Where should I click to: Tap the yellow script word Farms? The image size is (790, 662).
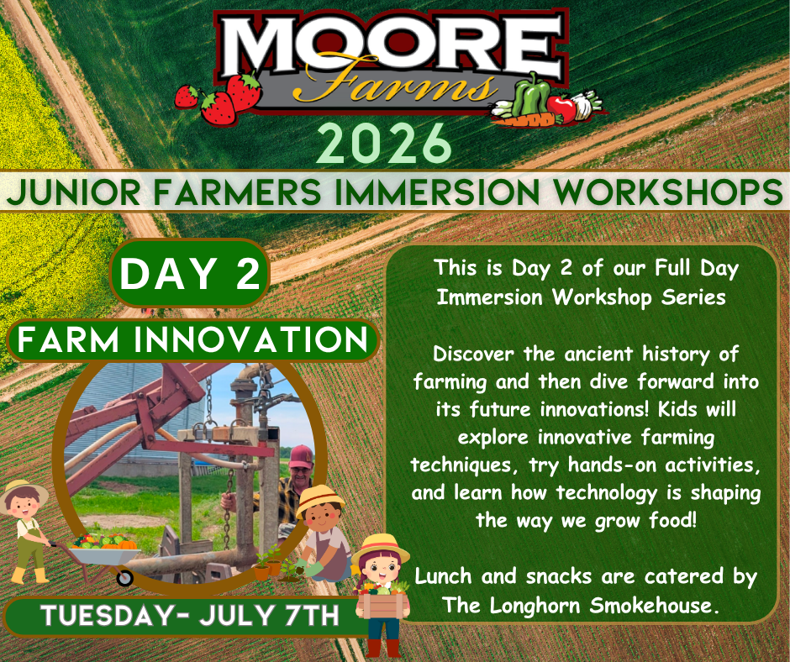(x=393, y=84)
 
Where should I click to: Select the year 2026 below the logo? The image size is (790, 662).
(x=383, y=143)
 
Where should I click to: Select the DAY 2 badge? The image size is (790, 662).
(x=189, y=274)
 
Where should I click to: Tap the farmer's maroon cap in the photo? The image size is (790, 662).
(x=301, y=456)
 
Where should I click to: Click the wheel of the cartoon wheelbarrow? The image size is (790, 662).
(x=124, y=577)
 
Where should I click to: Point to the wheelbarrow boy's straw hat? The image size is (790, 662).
(x=24, y=494)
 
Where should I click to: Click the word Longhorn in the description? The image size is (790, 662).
(x=535, y=606)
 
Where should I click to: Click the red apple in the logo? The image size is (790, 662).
(x=561, y=109)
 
